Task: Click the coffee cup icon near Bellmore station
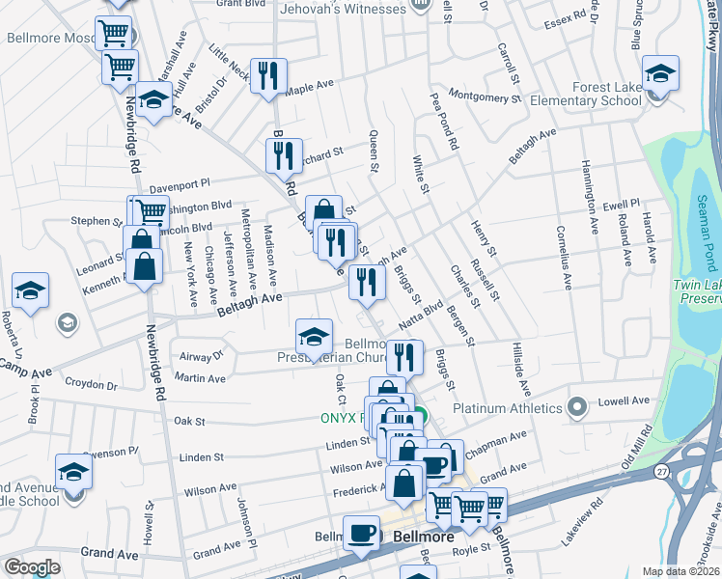pyautogui.click(x=363, y=534)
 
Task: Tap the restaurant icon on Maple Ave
pyautogui.click(x=268, y=76)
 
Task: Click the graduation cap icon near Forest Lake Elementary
pyautogui.click(x=661, y=73)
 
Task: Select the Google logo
pyautogui.click(x=32, y=567)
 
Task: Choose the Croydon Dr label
pyautogui.click(x=91, y=385)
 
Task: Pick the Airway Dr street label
pyautogui.click(x=201, y=356)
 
